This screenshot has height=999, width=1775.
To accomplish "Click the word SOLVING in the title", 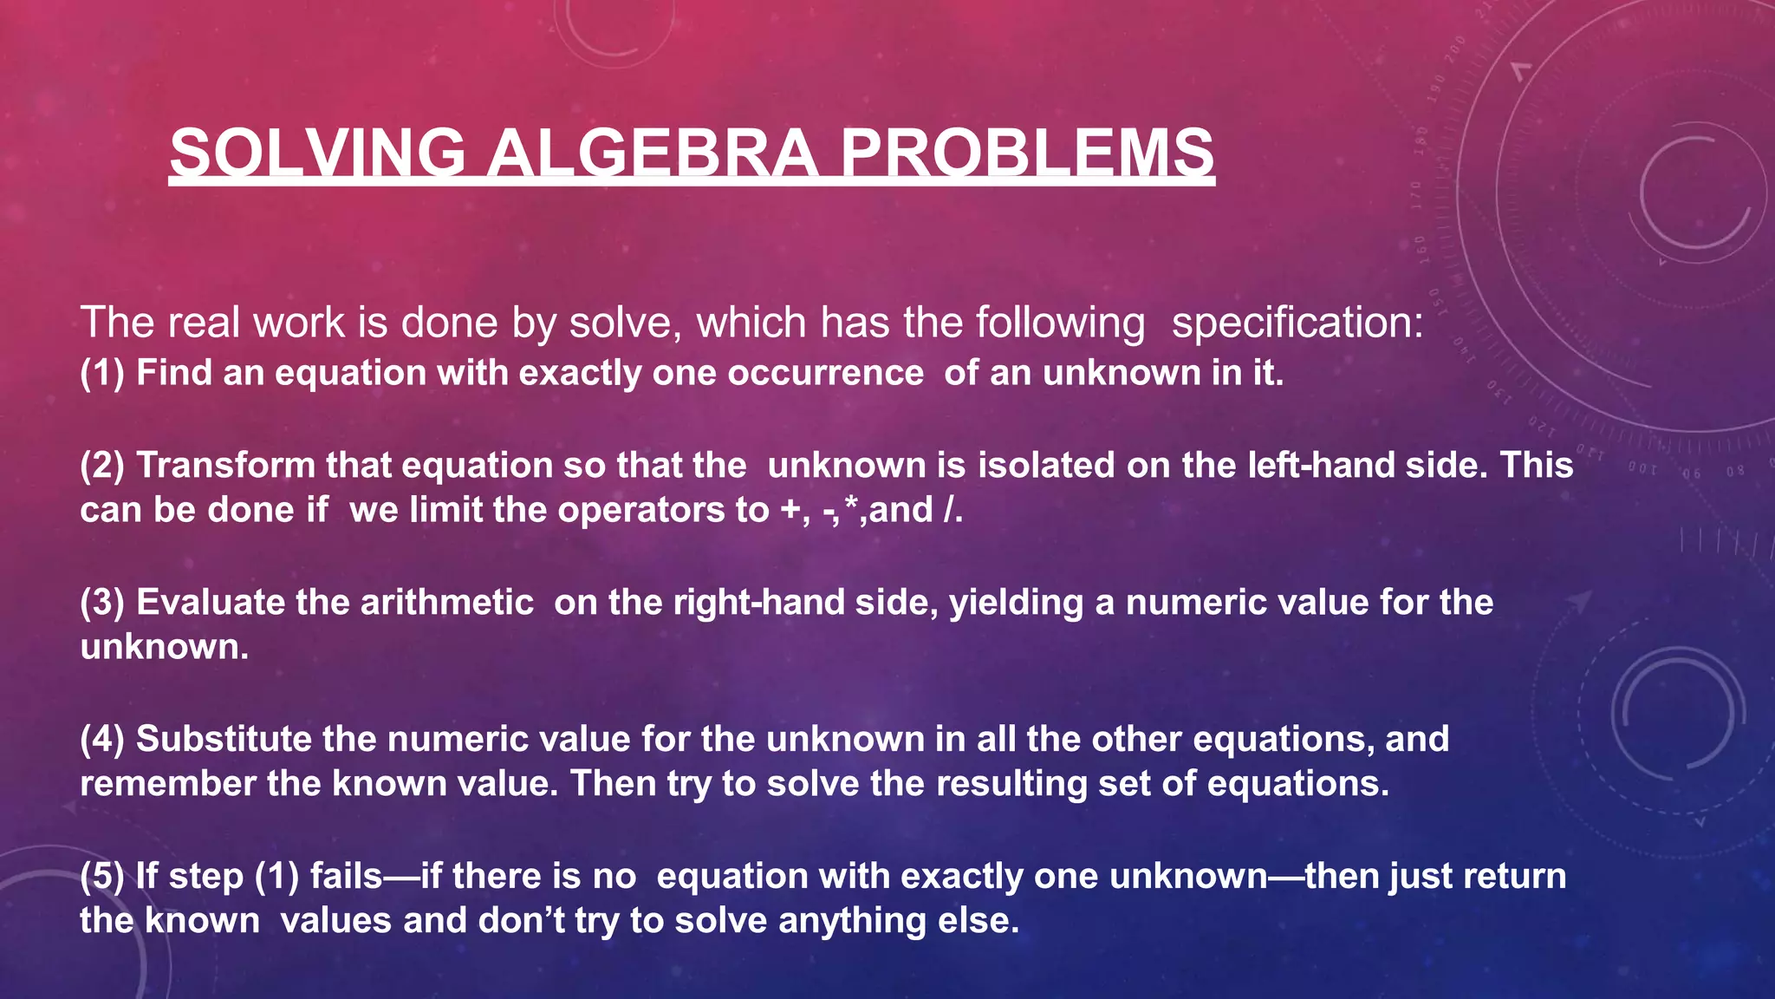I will (x=317, y=153).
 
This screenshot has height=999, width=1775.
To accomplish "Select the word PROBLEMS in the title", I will (x=1027, y=153).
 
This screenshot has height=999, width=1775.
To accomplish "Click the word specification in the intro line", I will (x=1297, y=323).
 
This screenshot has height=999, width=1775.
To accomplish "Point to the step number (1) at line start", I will (x=102, y=373).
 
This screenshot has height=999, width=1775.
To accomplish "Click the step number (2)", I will (x=102, y=466).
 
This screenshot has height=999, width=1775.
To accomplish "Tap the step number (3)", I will (x=102, y=603).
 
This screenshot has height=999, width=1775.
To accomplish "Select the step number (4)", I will (x=102, y=740).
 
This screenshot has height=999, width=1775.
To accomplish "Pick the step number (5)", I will (x=102, y=877).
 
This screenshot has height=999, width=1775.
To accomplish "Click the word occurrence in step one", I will (x=825, y=373).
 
